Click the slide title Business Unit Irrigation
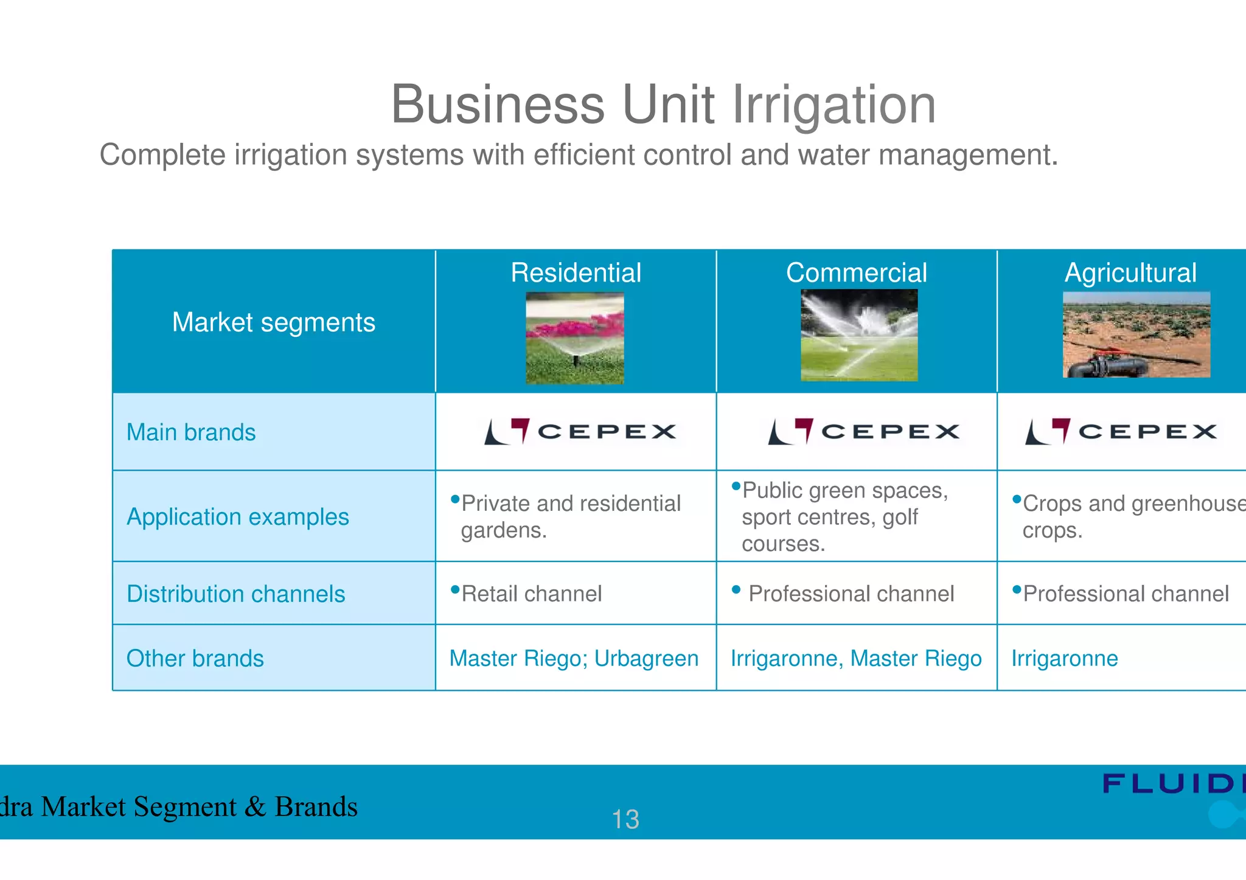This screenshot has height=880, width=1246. pyautogui.click(x=663, y=105)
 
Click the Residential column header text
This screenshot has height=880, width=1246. pyautogui.click(x=576, y=272)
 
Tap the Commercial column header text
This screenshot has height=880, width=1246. pyautogui.click(x=856, y=272)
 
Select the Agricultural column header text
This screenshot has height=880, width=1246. pyautogui.click(x=1130, y=272)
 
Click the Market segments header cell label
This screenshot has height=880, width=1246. pyautogui.click(x=274, y=322)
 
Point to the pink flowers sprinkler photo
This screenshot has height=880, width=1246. pyautogui.click(x=575, y=338)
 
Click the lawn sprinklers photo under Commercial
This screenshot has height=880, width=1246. pyautogui.click(x=859, y=336)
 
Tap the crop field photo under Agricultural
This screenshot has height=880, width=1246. pyautogui.click(x=1136, y=334)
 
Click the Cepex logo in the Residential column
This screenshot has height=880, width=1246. pyautogui.click(x=580, y=431)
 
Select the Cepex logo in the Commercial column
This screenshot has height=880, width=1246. pyautogui.click(x=863, y=431)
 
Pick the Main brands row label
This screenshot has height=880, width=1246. pyautogui.click(x=191, y=432)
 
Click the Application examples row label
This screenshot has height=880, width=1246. pyautogui.click(x=238, y=517)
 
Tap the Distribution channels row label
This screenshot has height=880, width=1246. pyautogui.click(x=235, y=594)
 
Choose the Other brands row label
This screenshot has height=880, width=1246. pyautogui.click(x=195, y=659)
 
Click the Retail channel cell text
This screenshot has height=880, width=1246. pyautogui.click(x=531, y=594)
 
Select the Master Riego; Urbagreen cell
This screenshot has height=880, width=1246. pyautogui.click(x=574, y=659)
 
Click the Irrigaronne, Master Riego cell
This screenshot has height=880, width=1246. pyautogui.click(x=856, y=659)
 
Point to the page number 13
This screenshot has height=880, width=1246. pyautogui.click(x=625, y=819)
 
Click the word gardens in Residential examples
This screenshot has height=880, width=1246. pyautogui.click(x=503, y=530)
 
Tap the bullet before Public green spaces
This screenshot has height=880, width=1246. pyautogui.click(x=736, y=486)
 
